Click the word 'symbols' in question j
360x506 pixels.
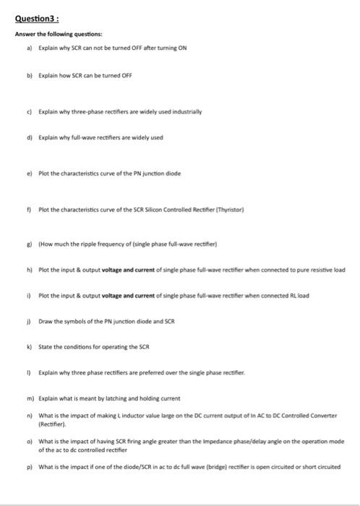point(75,320)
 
